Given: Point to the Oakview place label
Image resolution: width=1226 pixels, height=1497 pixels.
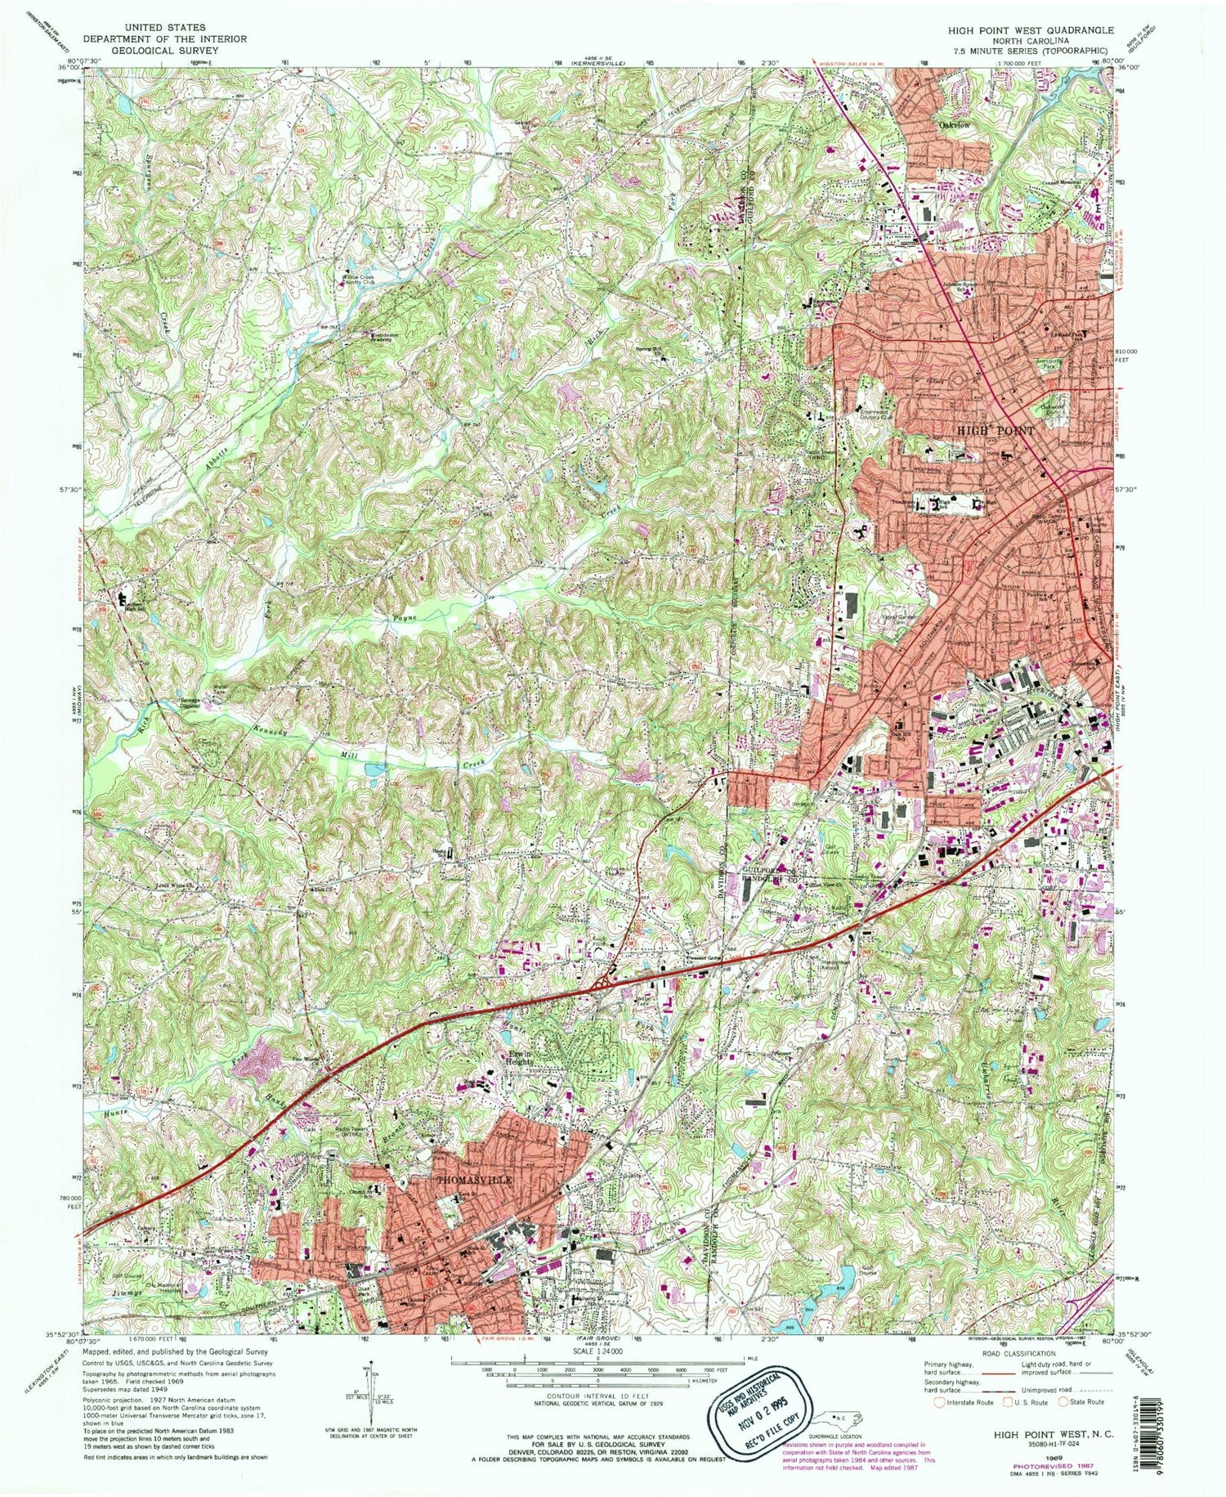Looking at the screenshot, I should point(953,125).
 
